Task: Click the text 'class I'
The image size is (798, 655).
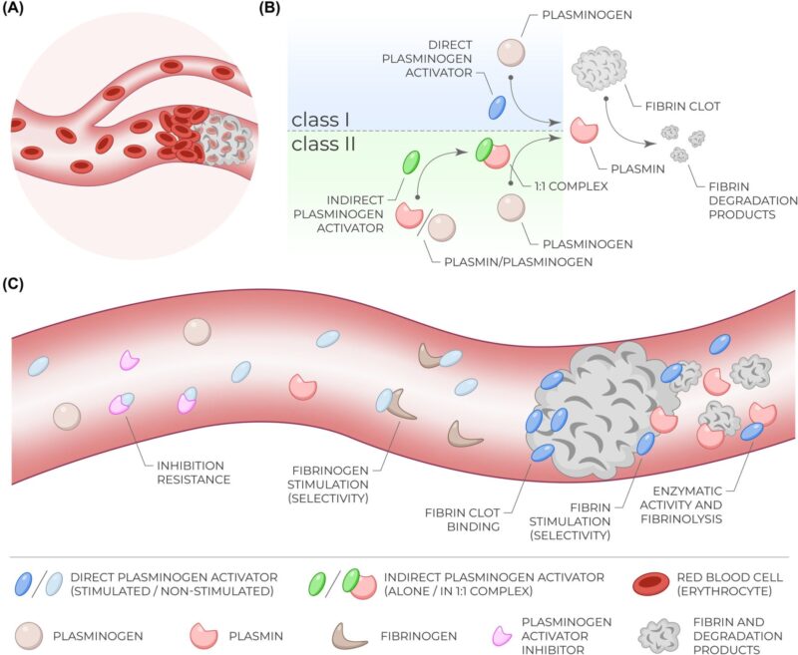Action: [x=320, y=120]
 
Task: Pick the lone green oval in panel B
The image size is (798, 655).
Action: [x=410, y=163]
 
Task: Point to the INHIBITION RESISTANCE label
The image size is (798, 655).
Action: [x=191, y=472]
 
